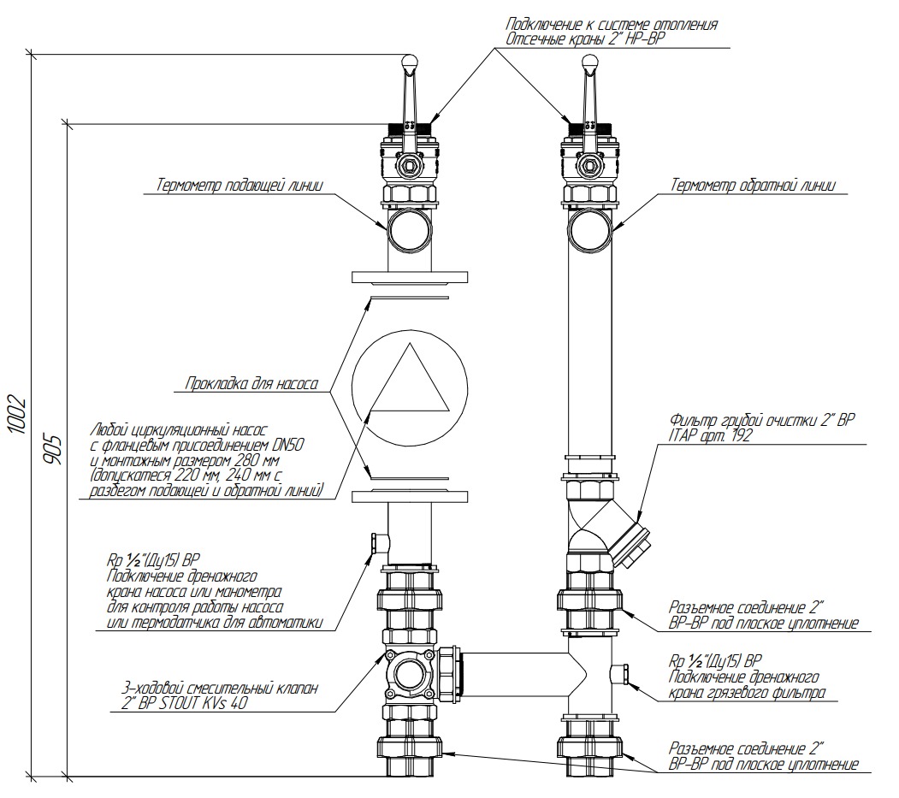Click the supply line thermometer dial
tap(410, 229)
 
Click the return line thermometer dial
tap(589, 228)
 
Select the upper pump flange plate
tap(410, 277)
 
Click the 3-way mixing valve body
tap(411, 671)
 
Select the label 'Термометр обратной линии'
tap(753, 185)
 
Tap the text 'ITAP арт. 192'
tap(711, 435)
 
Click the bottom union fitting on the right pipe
tap(589, 748)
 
